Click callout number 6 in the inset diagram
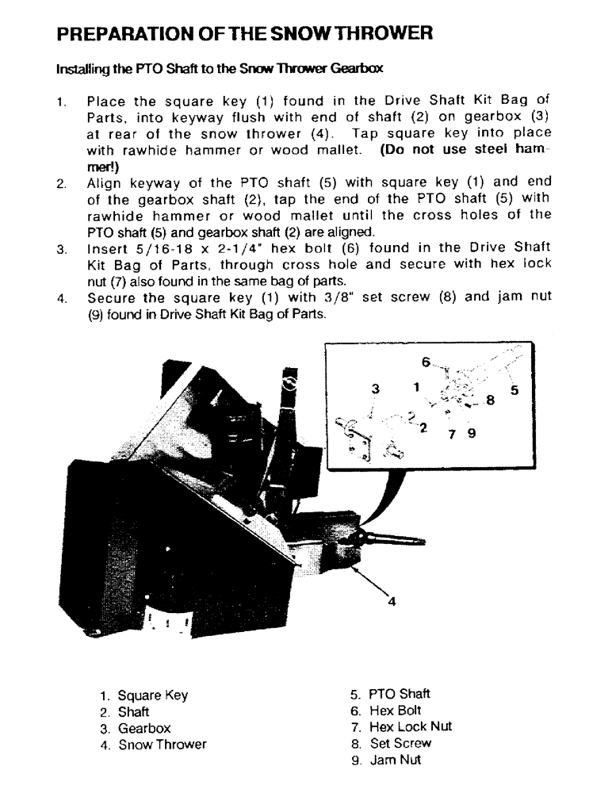[x=426, y=362]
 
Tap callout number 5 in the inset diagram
[x=514, y=389]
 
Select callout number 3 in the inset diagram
[x=375, y=389]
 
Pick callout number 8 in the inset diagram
[x=490, y=401]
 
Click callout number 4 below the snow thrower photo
[x=391, y=600]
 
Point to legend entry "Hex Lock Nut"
[x=411, y=726]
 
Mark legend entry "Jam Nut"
[x=395, y=760]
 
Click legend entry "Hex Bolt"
[x=396, y=711]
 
